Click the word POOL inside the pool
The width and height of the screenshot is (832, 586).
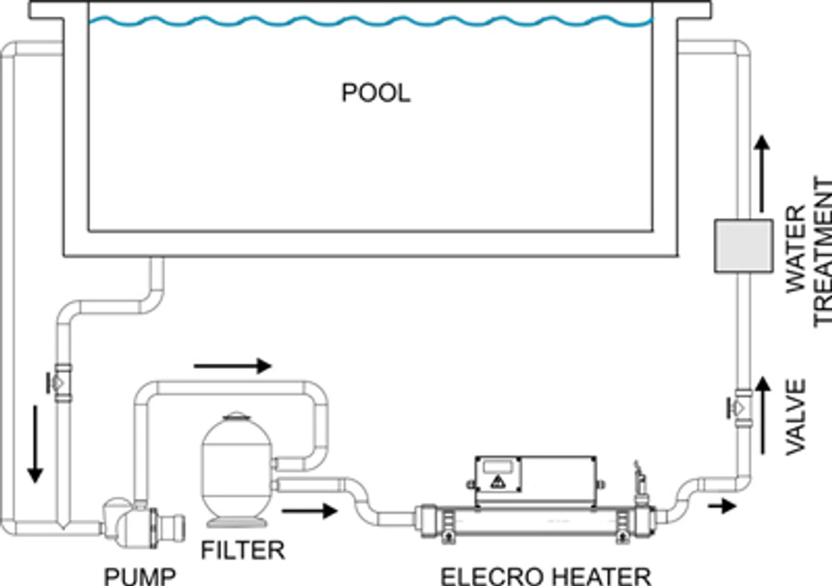(x=376, y=94)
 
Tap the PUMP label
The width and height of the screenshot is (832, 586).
(x=140, y=576)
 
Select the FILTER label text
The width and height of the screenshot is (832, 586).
(x=242, y=550)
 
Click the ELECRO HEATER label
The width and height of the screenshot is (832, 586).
(x=545, y=576)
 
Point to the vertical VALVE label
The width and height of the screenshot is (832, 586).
(x=796, y=418)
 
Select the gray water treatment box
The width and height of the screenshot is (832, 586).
(x=743, y=246)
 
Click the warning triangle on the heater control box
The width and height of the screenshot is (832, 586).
(x=498, y=482)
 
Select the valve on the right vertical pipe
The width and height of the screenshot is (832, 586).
(x=742, y=407)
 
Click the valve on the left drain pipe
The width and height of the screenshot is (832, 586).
(x=62, y=382)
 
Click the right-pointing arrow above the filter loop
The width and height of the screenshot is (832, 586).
(x=232, y=366)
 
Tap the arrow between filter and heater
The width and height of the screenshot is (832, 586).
(x=309, y=511)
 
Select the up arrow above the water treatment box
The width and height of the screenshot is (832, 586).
(x=763, y=173)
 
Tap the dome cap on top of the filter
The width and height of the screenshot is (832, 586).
(x=237, y=416)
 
